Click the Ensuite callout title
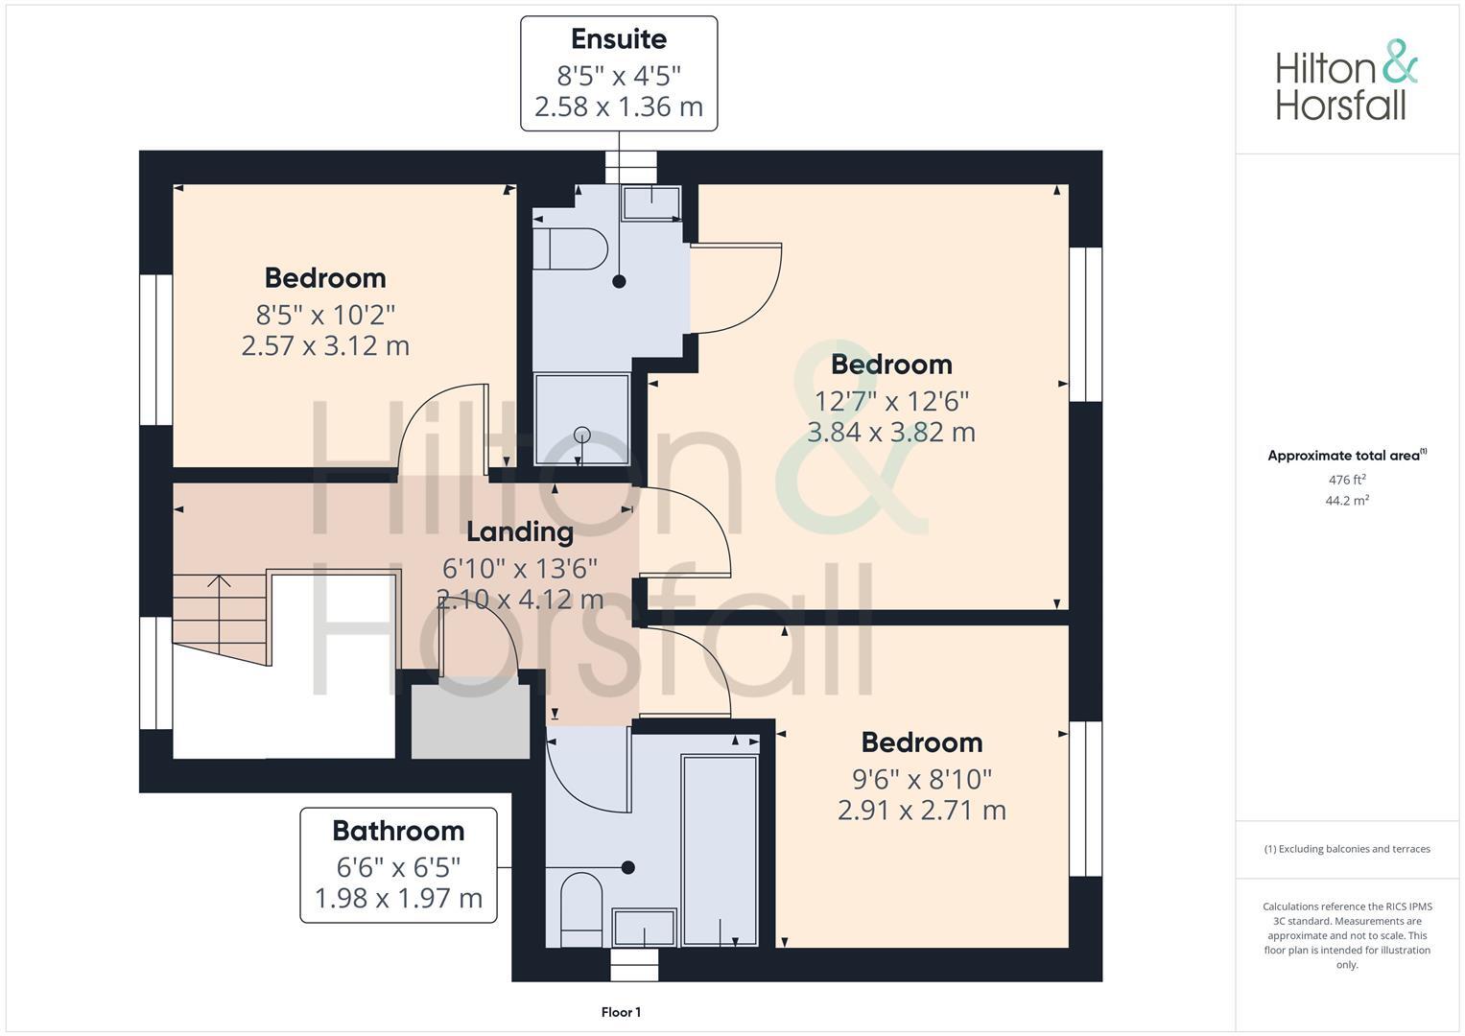619,39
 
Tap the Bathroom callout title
398,831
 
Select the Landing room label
520,531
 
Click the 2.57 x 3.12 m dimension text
325,345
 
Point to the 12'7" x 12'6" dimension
891,400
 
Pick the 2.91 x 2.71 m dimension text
921,811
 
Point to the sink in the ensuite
651,202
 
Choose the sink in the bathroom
644,928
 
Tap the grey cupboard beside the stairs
470,721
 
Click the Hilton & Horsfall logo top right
1346,81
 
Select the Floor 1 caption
621,1012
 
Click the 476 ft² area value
1347,480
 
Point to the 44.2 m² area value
1347,500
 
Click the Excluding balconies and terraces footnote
1347,849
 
